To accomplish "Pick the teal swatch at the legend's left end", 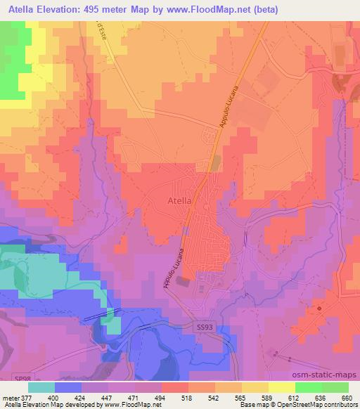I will pos(42,387).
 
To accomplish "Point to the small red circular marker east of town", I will pos(319,309).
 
